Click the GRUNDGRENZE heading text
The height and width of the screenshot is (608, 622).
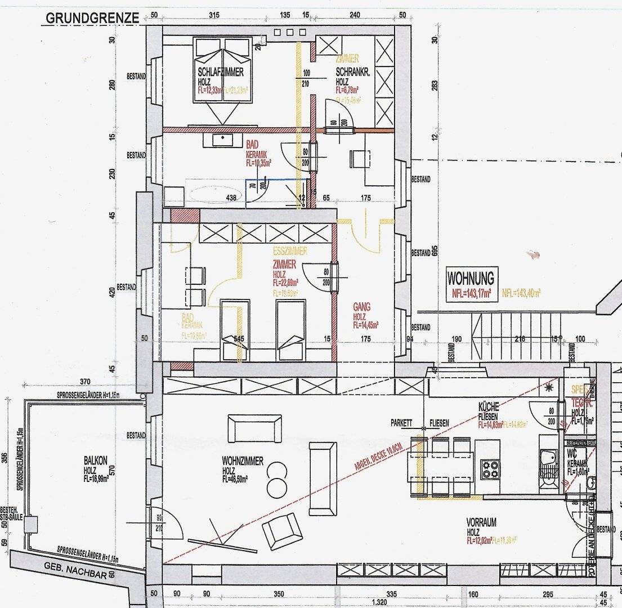pyautogui.click(x=92, y=18)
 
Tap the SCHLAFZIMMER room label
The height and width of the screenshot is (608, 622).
pyautogui.click(x=221, y=72)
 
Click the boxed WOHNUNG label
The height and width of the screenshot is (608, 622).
pyautogui.click(x=471, y=278)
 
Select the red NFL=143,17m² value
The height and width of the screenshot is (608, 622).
pyautogui.click(x=471, y=293)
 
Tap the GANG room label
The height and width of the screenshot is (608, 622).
pyautogui.click(x=361, y=307)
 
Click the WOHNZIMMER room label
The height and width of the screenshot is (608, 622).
pyautogui.click(x=243, y=461)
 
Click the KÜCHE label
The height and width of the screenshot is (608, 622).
pyautogui.click(x=489, y=406)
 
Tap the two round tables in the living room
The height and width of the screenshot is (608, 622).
pyautogui.click(x=276, y=477)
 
